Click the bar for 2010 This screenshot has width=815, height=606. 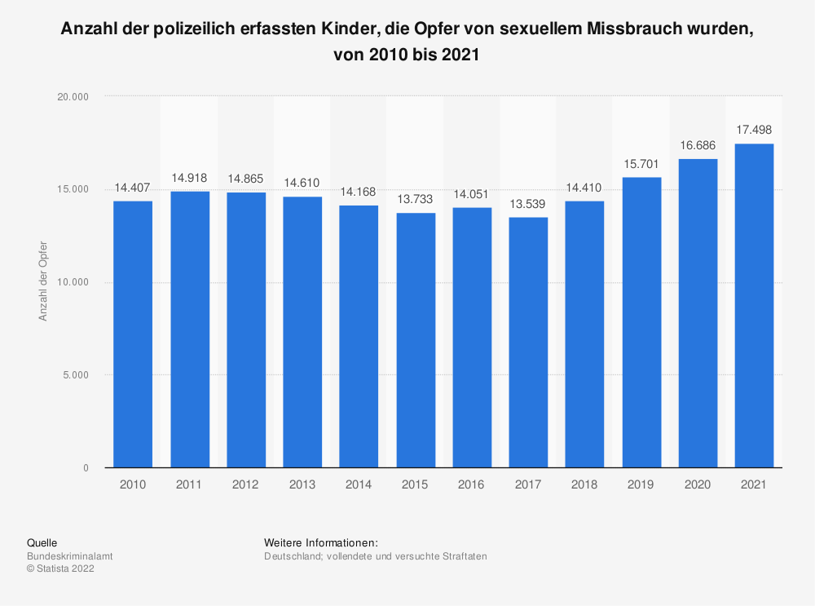tap(133, 334)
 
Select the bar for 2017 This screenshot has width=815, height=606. tap(528, 343)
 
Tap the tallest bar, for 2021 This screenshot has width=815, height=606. tap(754, 306)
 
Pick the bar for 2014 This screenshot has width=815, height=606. tap(359, 336)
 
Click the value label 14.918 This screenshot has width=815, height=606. tap(190, 178)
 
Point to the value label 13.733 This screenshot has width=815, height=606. tap(416, 199)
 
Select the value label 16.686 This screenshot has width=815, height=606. tap(698, 145)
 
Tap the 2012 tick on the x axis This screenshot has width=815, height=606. tap(246, 484)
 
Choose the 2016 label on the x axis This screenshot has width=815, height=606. tap(472, 484)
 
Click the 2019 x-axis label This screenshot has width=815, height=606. tap(641, 484)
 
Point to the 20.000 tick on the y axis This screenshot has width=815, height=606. tap(73, 97)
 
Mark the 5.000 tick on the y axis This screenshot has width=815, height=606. tap(75, 375)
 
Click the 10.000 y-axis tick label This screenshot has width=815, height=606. tap(73, 282)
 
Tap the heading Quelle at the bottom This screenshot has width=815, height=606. tap(42, 542)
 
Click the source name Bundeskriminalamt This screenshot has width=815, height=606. tap(70, 556)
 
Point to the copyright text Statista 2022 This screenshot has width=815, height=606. tap(60, 569)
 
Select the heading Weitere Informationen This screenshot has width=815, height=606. tap(321, 542)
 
